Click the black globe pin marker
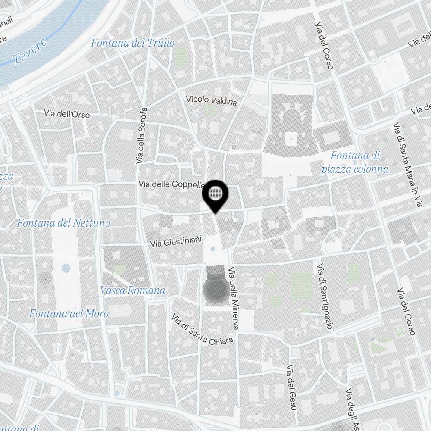(215, 194)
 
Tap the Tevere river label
(29, 53)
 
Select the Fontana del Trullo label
(133, 43)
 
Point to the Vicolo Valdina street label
(211, 100)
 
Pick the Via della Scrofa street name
(141, 135)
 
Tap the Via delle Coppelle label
(171, 184)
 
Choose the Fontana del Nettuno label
(63, 223)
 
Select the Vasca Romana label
(133, 290)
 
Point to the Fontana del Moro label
(69, 313)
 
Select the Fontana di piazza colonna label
(355, 162)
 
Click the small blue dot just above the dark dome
(213, 250)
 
